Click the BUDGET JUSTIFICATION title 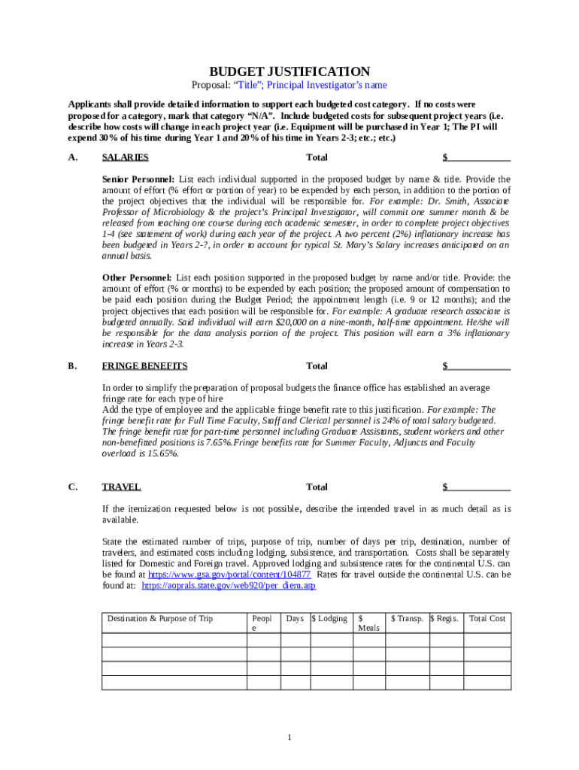(289, 71)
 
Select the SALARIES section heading (125, 158)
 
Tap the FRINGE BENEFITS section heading (144, 366)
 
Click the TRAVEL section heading (121, 487)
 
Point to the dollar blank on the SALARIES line (477, 158)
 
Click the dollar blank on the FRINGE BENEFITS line (477, 366)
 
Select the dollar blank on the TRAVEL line (477, 487)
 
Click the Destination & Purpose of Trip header (160, 619)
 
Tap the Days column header (295, 619)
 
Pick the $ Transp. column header (407, 619)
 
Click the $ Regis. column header (444, 619)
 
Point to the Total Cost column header (487, 619)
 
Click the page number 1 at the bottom (289, 737)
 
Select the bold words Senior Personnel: (138, 180)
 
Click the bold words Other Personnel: (137, 277)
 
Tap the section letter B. (72, 366)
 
